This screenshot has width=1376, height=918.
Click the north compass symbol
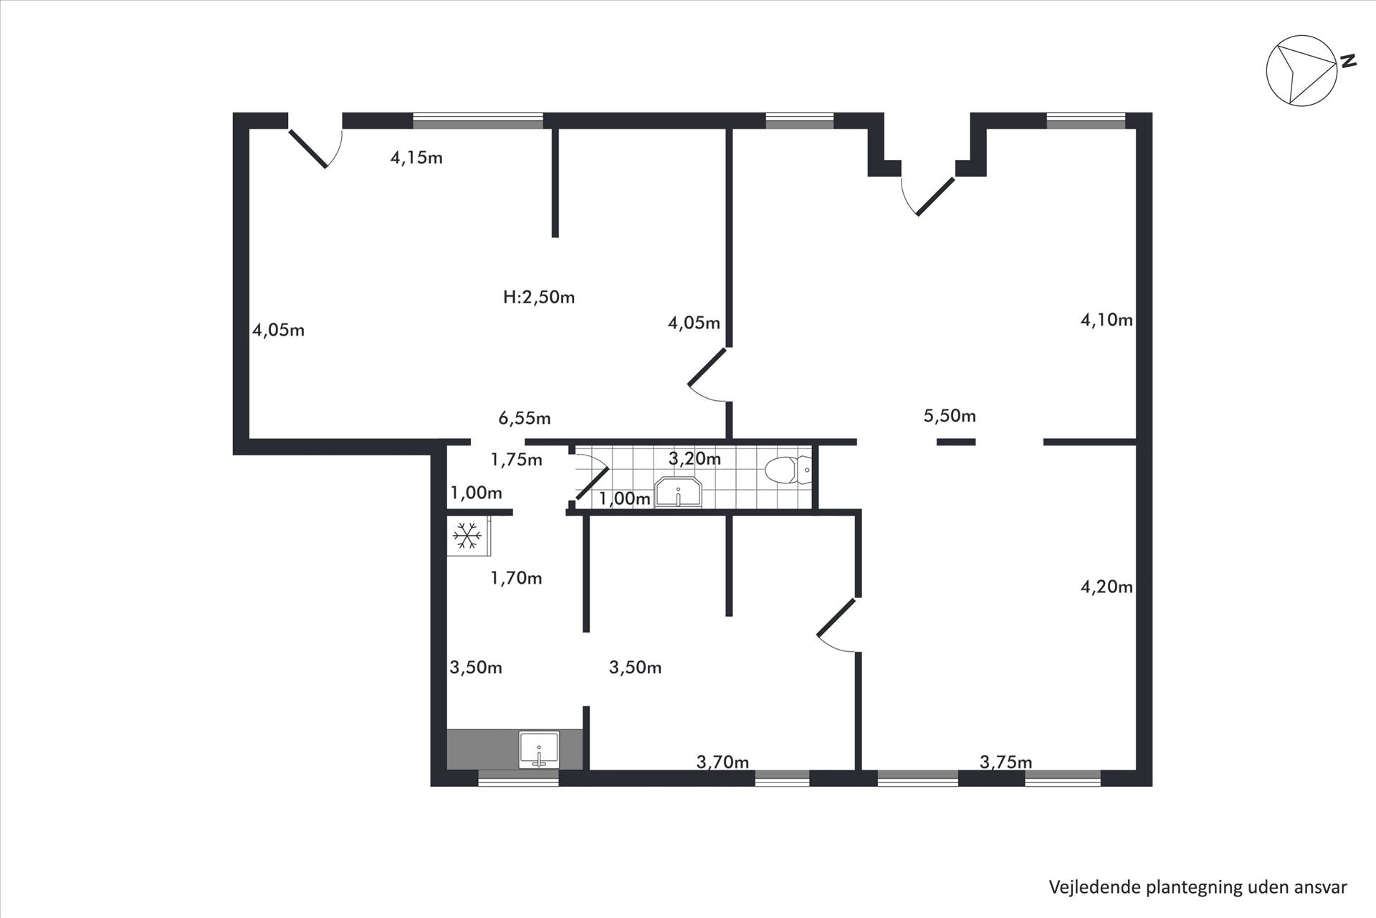pyautogui.click(x=1301, y=71)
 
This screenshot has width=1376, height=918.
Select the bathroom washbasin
pyautogui.click(x=679, y=492)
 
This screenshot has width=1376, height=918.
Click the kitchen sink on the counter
pyautogui.click(x=539, y=750)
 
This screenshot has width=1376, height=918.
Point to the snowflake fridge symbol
pyautogui.click(x=467, y=535)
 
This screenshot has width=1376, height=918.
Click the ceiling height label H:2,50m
pyautogui.click(x=539, y=297)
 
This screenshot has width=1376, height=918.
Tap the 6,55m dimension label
pyautogui.click(x=525, y=418)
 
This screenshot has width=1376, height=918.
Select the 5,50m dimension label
pyautogui.click(x=950, y=416)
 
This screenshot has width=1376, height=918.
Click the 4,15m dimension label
pyautogui.click(x=416, y=158)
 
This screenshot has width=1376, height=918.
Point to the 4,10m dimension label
pyautogui.click(x=1107, y=320)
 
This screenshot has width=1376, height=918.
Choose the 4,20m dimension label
pyautogui.click(x=1107, y=587)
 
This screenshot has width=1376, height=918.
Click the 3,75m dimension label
pyautogui.click(x=1006, y=762)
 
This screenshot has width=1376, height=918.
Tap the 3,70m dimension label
pyautogui.click(x=722, y=762)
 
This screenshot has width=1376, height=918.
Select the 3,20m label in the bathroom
pyautogui.click(x=694, y=459)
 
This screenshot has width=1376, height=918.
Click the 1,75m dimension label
pyautogui.click(x=516, y=460)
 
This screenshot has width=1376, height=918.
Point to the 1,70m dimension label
pyautogui.click(x=516, y=578)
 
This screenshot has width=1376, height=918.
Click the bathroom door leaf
pyautogui.click(x=593, y=483)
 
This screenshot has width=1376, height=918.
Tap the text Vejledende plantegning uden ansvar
pyautogui.click(x=1198, y=887)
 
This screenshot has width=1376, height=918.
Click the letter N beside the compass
pyautogui.click(x=1348, y=61)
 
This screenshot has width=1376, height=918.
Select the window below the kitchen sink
pyautogui.click(x=518, y=778)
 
